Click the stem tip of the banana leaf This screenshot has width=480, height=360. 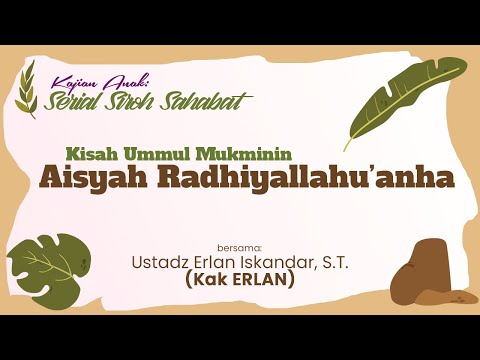click(347, 147)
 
